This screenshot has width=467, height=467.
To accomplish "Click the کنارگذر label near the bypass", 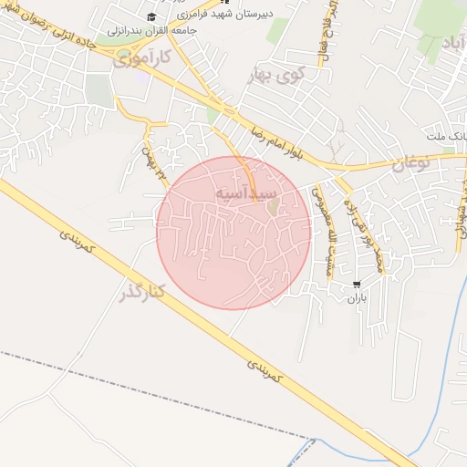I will coord(141,292).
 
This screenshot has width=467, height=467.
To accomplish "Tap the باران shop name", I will coord(357,298).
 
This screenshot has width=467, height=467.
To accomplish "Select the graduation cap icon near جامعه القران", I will coord(151,16).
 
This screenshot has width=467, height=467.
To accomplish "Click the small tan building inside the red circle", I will coord(273,207).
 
